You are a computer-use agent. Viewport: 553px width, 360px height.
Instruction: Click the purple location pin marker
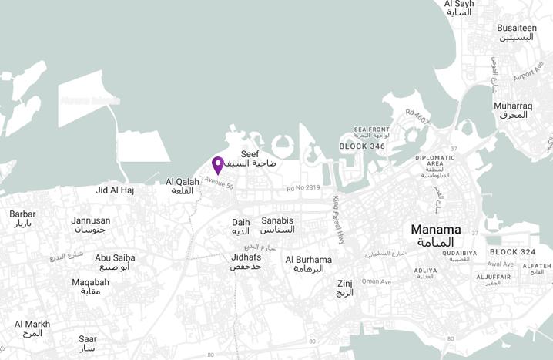[218, 165]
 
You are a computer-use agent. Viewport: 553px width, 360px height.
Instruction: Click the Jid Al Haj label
[115, 190]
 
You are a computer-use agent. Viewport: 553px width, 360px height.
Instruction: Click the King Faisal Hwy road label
[338, 220]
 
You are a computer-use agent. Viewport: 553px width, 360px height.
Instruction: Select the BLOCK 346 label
[362, 146]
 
